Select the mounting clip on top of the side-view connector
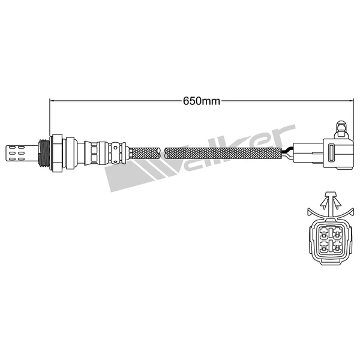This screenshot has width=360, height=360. coord(341,127)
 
